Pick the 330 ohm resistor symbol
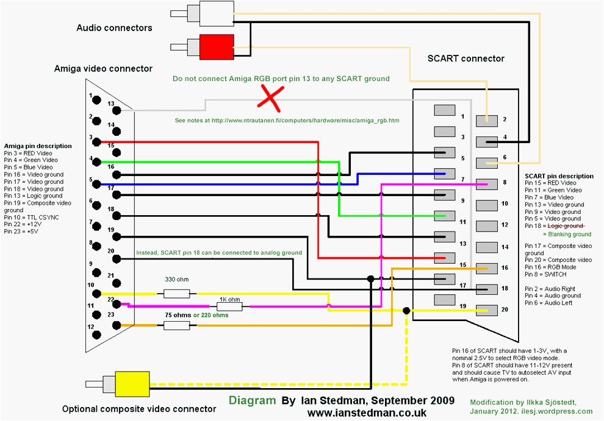(176, 293)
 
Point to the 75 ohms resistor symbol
(176, 325)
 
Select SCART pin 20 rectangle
(486, 310)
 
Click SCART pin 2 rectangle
(486, 121)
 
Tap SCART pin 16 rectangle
(486, 268)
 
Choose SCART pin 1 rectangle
(445, 110)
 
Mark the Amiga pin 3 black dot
(95, 142)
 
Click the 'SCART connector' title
(466, 58)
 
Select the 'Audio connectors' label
(114, 28)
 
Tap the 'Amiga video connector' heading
(103, 69)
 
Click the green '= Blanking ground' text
(566, 234)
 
